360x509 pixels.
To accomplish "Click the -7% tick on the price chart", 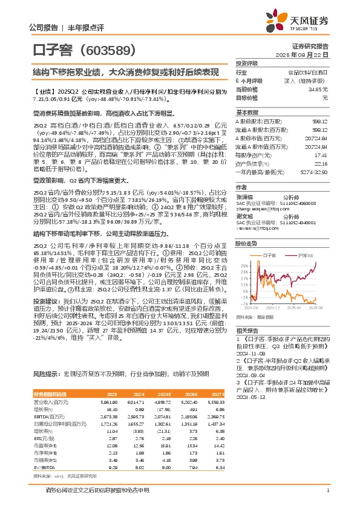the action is (x=243, y=303).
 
